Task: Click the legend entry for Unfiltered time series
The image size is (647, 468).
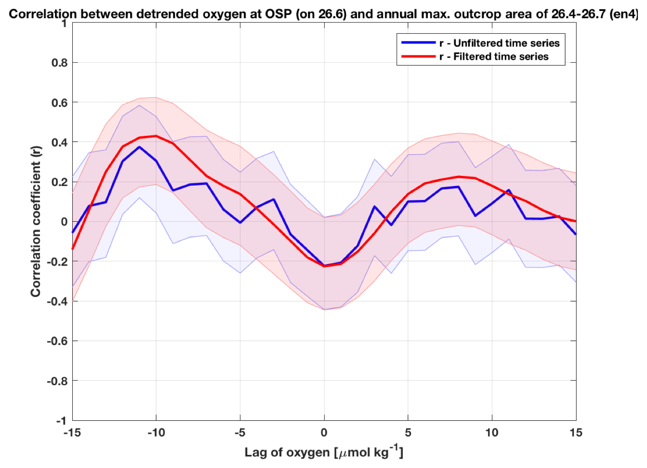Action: coord(499,43)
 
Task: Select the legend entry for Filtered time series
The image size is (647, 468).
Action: coord(493,57)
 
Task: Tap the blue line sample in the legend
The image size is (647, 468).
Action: coord(418,43)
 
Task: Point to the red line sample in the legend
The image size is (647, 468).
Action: coord(418,57)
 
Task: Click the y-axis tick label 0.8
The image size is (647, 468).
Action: coord(59,63)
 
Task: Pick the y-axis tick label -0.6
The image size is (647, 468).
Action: coord(57,341)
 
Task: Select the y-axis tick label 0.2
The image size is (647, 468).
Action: coord(59,182)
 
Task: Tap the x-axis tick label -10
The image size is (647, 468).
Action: coord(156,433)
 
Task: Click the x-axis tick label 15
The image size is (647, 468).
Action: coord(576,433)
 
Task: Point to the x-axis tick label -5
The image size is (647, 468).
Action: coord(240,433)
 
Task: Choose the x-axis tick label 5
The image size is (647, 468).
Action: coord(408,433)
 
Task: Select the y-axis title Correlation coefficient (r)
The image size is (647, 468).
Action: coord(36,222)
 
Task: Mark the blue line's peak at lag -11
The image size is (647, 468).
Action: coord(139,147)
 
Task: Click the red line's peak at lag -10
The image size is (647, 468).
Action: coord(156,136)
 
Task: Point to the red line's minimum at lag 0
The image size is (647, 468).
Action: coord(324,266)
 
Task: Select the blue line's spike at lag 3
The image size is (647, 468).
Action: coord(374,206)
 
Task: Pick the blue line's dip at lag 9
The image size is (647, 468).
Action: coord(475,215)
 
